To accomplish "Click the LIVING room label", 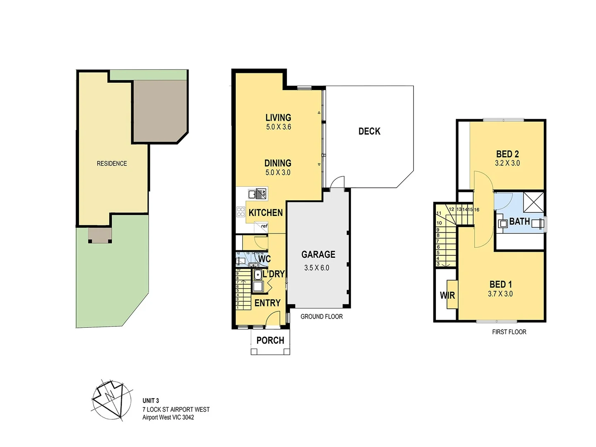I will (x=278, y=118).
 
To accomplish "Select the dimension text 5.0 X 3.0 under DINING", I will (x=278, y=173).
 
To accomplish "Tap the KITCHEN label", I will (x=265, y=213).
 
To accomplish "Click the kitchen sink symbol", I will (x=257, y=194).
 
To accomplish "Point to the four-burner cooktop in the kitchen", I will (x=240, y=212).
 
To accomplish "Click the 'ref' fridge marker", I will (x=264, y=226).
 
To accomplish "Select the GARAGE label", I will (x=318, y=255).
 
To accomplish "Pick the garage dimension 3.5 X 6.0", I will (x=317, y=268).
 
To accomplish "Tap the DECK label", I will (x=369, y=132).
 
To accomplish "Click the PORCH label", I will (x=270, y=341).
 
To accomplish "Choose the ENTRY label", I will (x=267, y=303).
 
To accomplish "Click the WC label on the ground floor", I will (x=264, y=259).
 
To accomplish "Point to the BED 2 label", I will (x=507, y=154).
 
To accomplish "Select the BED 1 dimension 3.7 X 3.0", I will (x=500, y=294).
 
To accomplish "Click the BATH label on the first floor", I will (x=519, y=222).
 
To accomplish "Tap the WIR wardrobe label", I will (x=447, y=296).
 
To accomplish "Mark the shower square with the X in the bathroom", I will (x=534, y=202).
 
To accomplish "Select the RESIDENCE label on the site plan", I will (x=112, y=163).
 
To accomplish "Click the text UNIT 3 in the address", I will (x=151, y=401).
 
